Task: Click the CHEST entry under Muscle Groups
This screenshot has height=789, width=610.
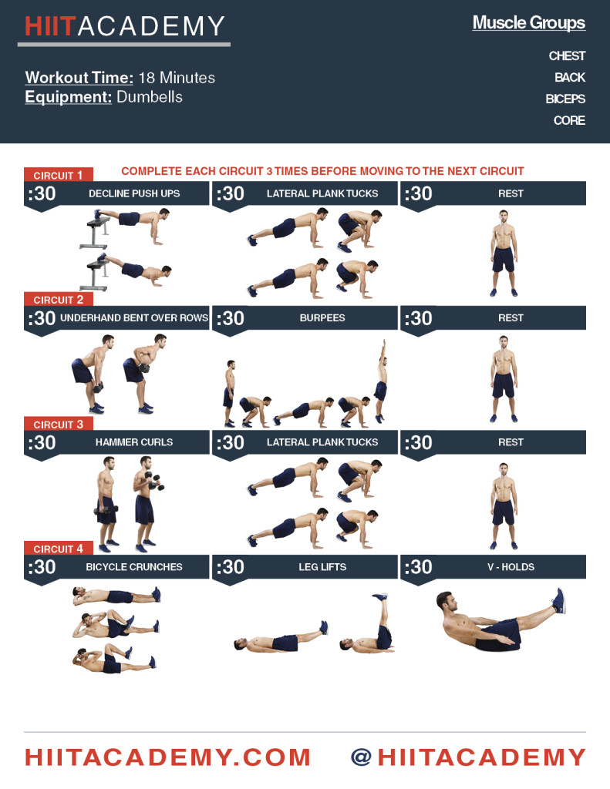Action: (567, 55)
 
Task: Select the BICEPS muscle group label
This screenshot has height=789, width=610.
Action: (565, 99)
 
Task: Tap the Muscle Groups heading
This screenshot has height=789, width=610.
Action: (529, 22)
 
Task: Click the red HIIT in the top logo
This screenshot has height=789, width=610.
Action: (50, 26)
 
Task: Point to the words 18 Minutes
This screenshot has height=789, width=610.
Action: (177, 78)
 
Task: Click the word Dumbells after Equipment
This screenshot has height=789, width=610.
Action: (150, 96)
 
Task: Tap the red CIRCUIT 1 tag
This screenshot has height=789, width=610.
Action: (59, 175)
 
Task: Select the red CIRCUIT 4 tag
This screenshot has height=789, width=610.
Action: (59, 549)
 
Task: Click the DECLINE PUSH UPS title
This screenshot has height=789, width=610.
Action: (134, 193)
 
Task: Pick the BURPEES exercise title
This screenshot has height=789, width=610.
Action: (322, 318)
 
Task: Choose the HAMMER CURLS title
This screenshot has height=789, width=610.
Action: (134, 442)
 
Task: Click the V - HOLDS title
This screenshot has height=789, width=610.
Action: (511, 567)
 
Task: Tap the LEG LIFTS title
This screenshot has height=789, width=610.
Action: (322, 567)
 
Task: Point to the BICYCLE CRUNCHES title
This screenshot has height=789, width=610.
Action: (134, 567)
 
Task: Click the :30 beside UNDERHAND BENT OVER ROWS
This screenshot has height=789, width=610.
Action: (42, 318)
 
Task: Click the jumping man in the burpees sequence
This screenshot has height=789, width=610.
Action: (381, 381)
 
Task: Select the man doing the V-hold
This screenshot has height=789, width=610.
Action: (500, 620)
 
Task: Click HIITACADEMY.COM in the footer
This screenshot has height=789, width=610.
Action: (168, 758)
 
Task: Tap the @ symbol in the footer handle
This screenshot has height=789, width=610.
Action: (362, 757)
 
